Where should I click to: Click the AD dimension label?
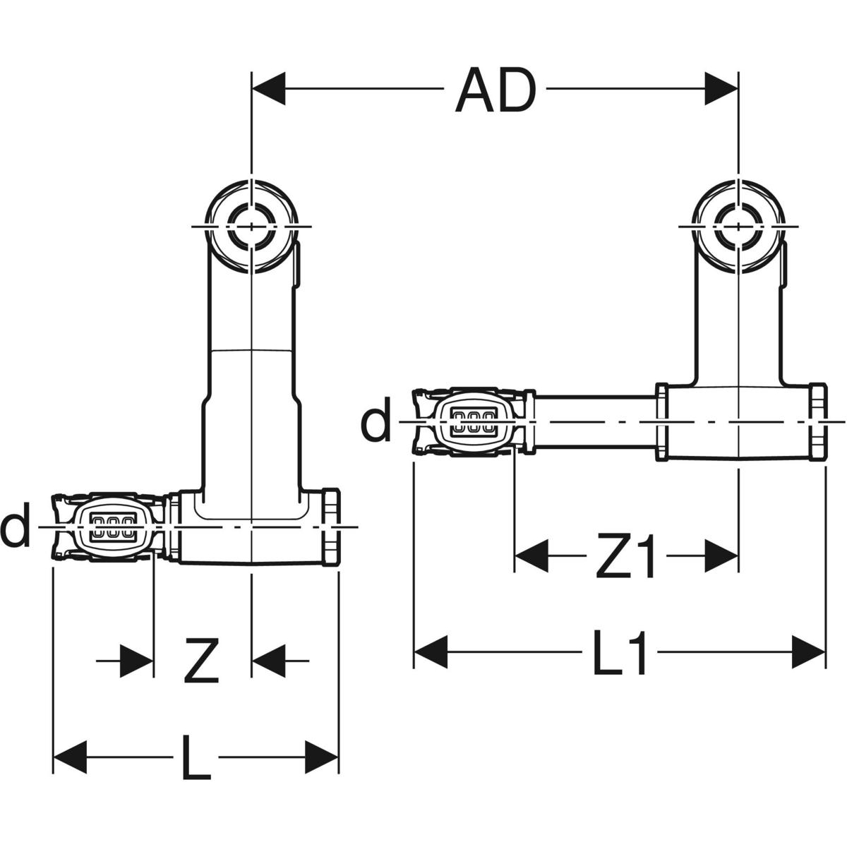pyautogui.click(x=495, y=90)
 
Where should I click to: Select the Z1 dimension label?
pyautogui.click(x=627, y=555)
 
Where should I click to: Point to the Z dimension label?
pyautogui.click(x=202, y=660)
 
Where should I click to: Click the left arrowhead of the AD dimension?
pyautogui.click(x=268, y=89)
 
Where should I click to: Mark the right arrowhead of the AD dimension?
pyautogui.click(x=721, y=89)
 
